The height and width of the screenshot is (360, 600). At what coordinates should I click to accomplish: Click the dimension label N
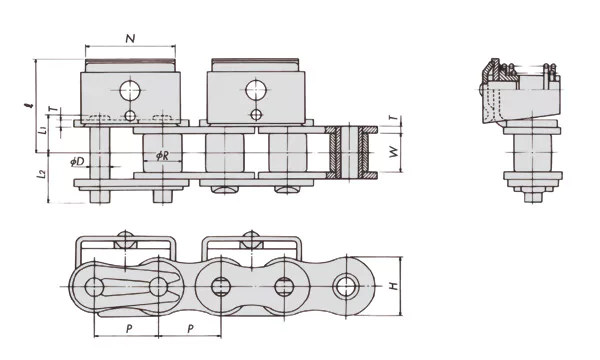click(x=131, y=38)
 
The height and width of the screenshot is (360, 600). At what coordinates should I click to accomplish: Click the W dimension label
click(x=396, y=154)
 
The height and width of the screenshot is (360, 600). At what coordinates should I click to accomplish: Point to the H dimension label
click(x=396, y=287)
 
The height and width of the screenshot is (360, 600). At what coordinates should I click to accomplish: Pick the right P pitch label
click(x=191, y=327)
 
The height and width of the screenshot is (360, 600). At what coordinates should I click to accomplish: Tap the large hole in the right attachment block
click(x=249, y=91)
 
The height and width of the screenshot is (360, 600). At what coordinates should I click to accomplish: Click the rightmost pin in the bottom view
click(x=349, y=285)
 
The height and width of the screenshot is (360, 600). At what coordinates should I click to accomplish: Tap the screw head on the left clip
click(x=125, y=239)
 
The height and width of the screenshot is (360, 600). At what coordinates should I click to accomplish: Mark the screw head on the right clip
click(x=249, y=239)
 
